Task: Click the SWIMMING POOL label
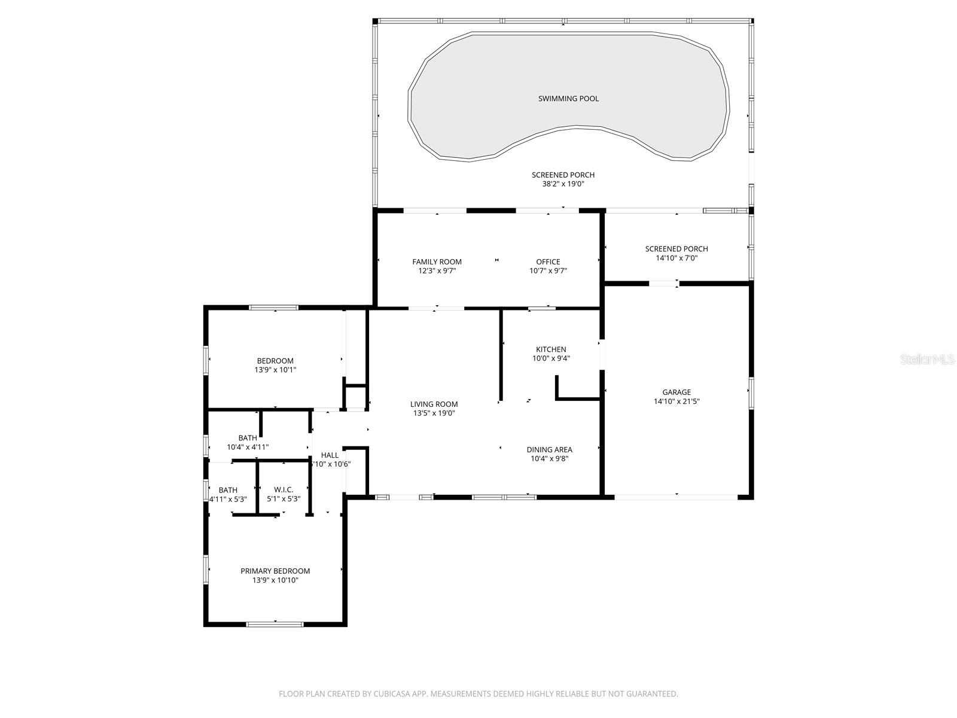pyautogui.click(x=568, y=99)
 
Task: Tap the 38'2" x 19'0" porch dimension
pyautogui.click(x=563, y=184)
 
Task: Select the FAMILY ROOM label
pyautogui.click(x=437, y=261)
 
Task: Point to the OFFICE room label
pyautogui.click(x=548, y=261)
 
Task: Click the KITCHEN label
pyautogui.click(x=551, y=349)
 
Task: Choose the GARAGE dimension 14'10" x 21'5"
pyautogui.click(x=676, y=401)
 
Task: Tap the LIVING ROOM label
pyautogui.click(x=434, y=404)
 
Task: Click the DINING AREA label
pyautogui.click(x=549, y=449)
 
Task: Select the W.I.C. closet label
pyautogui.click(x=284, y=489)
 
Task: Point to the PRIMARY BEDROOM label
pyautogui.click(x=275, y=571)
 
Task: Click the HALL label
pyautogui.click(x=330, y=455)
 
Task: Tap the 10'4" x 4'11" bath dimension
pyautogui.click(x=248, y=447)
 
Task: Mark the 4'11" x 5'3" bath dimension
pyautogui.click(x=228, y=498)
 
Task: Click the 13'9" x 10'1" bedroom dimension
pyautogui.click(x=275, y=370)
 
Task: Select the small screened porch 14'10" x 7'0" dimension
pyautogui.click(x=676, y=258)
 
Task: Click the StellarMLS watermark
pyautogui.click(x=927, y=360)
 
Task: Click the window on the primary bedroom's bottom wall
pyautogui.click(x=275, y=624)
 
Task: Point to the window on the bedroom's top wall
pyautogui.click(x=273, y=308)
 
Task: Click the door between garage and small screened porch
pyautogui.click(x=663, y=284)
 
